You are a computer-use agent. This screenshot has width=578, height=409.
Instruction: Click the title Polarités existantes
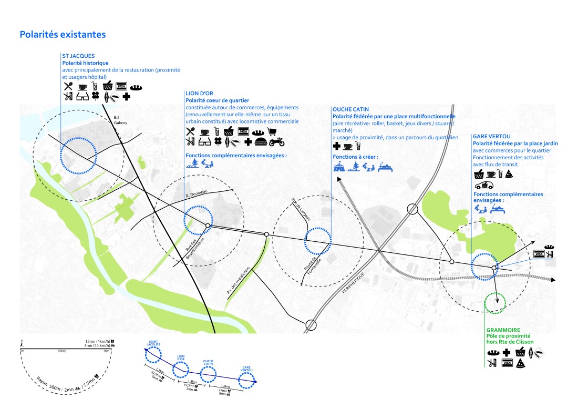click(x=63, y=35)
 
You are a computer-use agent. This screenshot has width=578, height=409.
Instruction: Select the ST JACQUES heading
click(x=76, y=56)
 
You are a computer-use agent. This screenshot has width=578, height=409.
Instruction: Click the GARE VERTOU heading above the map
click(x=492, y=136)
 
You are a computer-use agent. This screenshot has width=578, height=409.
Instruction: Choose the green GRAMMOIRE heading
click(x=503, y=330)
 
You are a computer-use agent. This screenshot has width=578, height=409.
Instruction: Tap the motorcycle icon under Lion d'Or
click(x=276, y=142)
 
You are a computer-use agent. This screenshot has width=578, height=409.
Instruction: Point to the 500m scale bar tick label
click(x=62, y=351)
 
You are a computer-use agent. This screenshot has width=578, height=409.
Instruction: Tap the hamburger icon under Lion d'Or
click(x=261, y=142)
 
